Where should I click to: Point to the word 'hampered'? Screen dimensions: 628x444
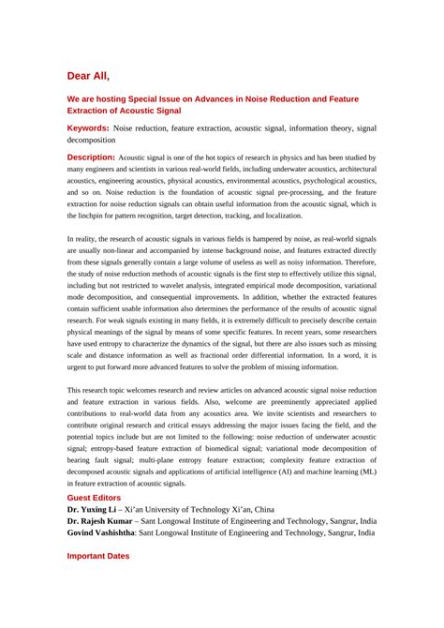[x=240, y=241]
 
